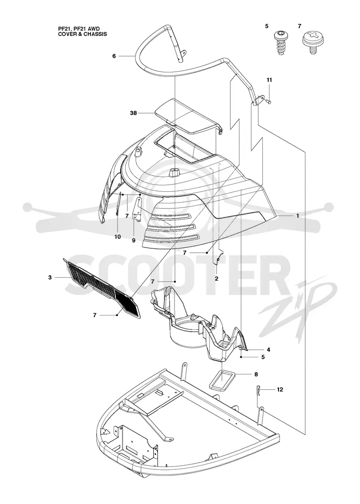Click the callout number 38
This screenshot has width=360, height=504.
pos(133,113)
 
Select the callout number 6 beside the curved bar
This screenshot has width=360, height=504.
pos(114,56)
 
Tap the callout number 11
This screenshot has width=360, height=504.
pos(269,80)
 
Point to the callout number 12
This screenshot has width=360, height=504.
pos(280,390)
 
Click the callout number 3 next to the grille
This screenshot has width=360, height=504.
pos(50,277)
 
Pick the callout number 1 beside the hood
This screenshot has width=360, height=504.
pos(297,216)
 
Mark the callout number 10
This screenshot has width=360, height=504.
pos(117,237)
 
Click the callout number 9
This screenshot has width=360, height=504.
pos(133,240)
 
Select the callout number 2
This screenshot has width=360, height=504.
pos(216,279)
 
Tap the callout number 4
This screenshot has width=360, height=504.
pos(268,349)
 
